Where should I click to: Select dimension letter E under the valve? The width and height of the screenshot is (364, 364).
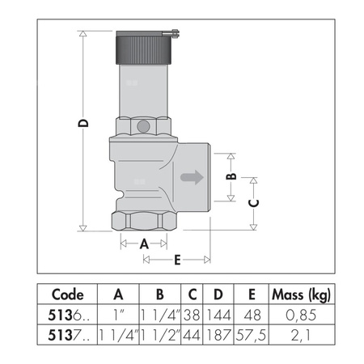176,260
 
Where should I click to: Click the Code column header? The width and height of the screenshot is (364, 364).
67,294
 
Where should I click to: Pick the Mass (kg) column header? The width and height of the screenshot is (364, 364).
298,294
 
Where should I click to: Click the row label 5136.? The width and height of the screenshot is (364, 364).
67,313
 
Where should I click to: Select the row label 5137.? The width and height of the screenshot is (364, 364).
67,332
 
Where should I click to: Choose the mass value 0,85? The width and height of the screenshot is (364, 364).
298,313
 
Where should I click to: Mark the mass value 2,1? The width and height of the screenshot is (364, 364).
298,332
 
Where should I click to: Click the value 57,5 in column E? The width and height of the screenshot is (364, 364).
252,332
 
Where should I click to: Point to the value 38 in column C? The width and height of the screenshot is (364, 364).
192,313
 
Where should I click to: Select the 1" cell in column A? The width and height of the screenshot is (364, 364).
118,313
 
